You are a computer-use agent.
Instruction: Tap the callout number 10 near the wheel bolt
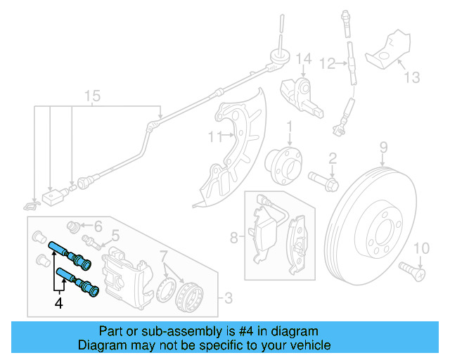[x=420, y=247]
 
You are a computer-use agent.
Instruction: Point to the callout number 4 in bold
[x=59, y=304]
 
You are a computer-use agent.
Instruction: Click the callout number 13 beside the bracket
[x=412, y=77]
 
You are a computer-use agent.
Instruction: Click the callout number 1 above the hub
[x=288, y=127]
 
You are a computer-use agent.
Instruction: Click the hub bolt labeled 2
[x=324, y=179]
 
